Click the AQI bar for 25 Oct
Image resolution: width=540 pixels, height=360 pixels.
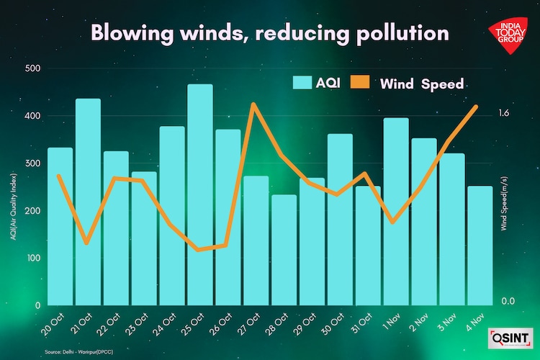pos(200,194)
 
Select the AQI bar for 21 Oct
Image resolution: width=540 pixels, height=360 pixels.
pos(88,202)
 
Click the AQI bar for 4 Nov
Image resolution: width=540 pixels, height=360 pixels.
pos(480,245)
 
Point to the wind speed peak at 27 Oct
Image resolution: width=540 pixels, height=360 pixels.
pos(253,104)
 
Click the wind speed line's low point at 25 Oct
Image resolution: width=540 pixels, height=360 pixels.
pos(199,250)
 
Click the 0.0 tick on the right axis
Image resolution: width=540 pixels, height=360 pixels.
pos(508,301)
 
